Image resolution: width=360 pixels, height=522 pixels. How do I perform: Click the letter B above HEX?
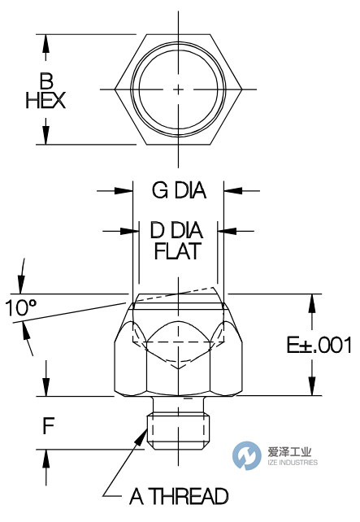[46, 80]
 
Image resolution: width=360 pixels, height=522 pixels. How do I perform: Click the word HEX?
[46, 101]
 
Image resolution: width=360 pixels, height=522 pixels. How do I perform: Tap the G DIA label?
[179, 191]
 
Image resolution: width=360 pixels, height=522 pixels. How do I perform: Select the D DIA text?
[178, 231]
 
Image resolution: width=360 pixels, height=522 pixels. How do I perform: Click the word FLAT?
[178, 251]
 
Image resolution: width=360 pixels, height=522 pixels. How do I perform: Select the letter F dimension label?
[48, 425]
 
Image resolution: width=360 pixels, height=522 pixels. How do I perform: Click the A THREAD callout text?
[179, 495]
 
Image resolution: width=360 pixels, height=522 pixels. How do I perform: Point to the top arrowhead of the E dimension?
[310, 298]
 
